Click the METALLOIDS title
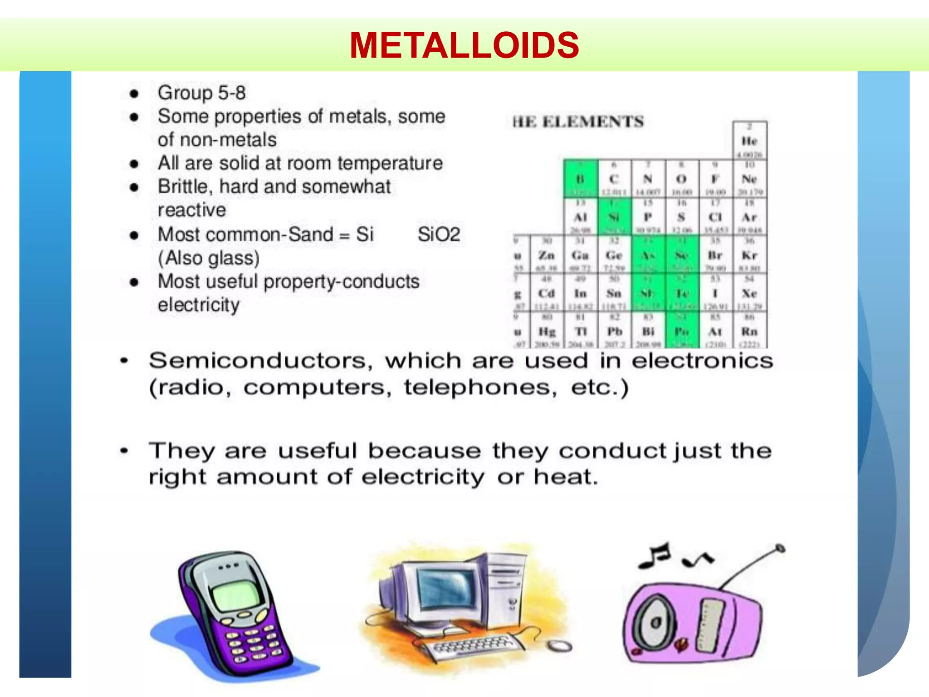(464, 45)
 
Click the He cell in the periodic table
(749, 141)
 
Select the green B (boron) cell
(581, 179)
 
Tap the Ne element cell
(749, 179)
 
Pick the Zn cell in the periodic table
(547, 255)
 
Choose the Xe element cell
(749, 294)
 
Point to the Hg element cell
(547, 332)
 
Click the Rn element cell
(749, 332)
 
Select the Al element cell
(581, 217)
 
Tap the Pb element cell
(614, 332)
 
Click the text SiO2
(439, 235)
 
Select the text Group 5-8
(201, 93)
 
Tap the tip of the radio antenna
(780, 548)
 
